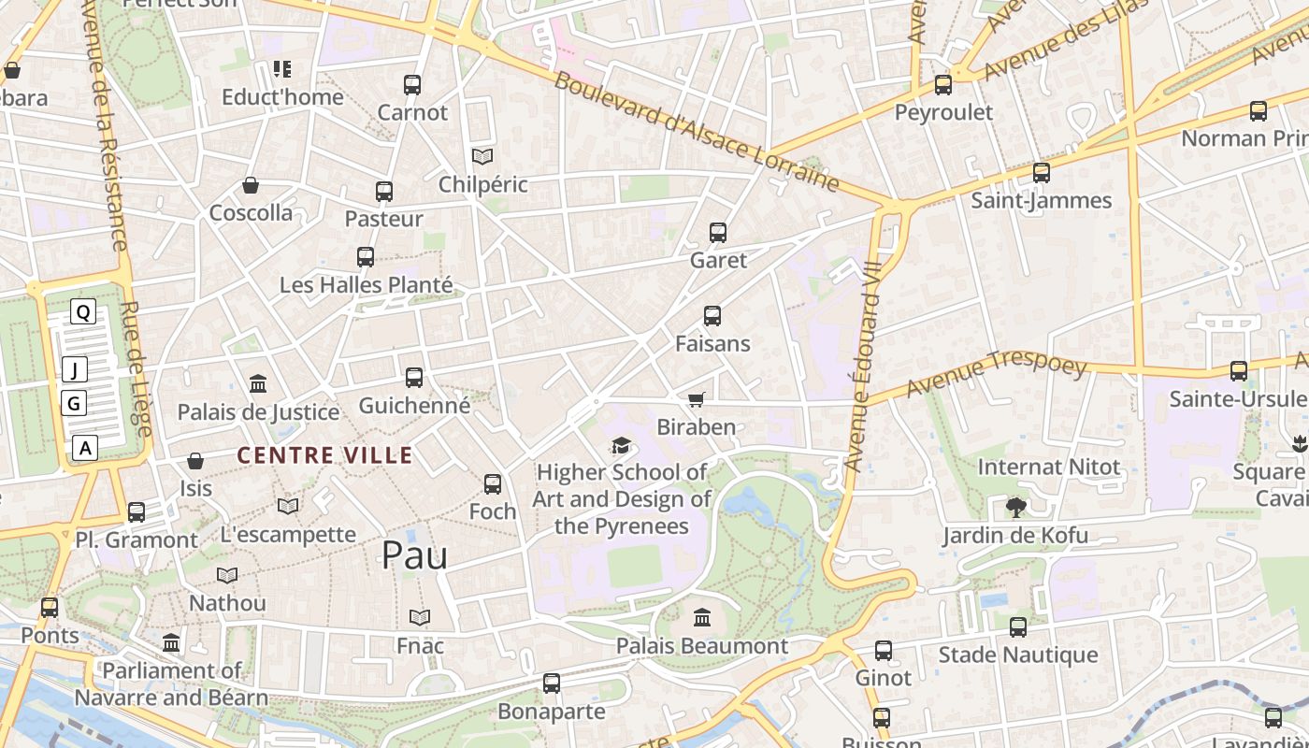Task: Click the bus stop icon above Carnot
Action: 412,85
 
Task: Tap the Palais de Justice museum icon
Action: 258,383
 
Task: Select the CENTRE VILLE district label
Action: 324,455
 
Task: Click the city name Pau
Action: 414,555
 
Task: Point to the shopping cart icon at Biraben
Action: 696,400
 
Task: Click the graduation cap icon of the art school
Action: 621,445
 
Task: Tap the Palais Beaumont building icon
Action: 702,617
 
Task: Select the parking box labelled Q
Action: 83,312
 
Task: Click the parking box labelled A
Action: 86,448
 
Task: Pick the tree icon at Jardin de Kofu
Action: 1015,508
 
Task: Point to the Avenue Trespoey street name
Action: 997,376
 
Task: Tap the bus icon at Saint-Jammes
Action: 1041,173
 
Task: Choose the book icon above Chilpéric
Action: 482,156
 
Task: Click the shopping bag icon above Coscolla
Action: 251,185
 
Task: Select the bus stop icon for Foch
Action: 493,484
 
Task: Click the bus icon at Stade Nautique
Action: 1018,627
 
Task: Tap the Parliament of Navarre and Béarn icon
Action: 171,642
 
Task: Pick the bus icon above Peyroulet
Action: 943,85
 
